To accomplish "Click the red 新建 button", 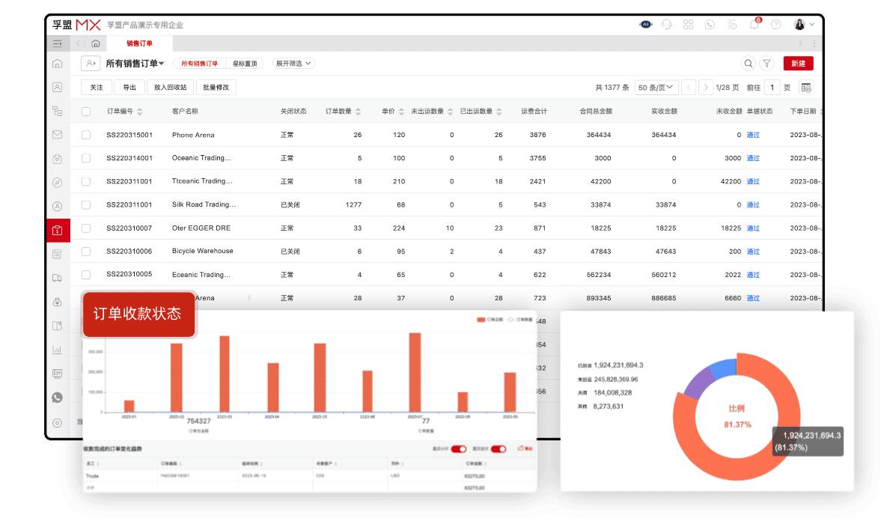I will click(798, 64).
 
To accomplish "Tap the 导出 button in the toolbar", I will click(129, 88).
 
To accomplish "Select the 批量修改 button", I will click(216, 88).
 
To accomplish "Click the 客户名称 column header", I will click(185, 112).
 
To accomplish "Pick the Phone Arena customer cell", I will click(193, 135).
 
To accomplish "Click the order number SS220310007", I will click(129, 228).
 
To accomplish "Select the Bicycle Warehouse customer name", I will click(202, 251).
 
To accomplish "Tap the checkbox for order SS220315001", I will click(86, 135).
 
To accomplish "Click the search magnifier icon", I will click(748, 64).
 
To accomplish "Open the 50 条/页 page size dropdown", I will click(656, 88).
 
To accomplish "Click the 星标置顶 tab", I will click(244, 64).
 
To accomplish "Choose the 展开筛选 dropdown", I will click(293, 64).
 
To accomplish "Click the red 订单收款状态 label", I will click(138, 314).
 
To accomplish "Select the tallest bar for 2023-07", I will click(415, 372).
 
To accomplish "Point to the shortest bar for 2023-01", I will click(129, 405).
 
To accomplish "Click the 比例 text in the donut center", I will click(737, 409).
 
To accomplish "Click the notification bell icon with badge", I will click(755, 24).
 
